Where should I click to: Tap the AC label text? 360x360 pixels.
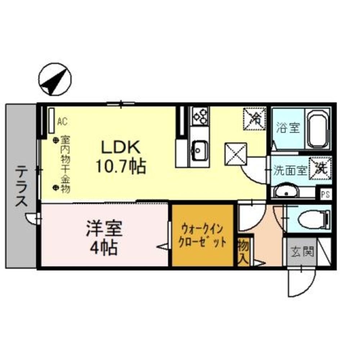point(62,122)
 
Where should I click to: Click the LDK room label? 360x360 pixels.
point(120,147)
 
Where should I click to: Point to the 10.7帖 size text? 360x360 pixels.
point(120,166)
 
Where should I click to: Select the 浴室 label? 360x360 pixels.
point(288,128)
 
